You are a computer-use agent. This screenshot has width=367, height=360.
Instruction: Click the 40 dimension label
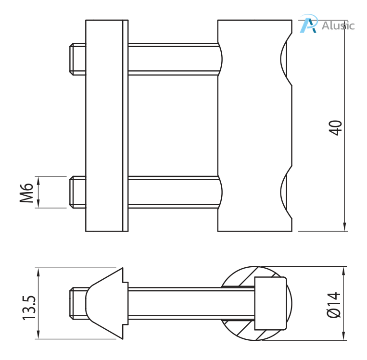(x=336, y=127)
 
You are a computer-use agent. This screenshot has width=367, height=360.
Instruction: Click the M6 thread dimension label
(x=27, y=192)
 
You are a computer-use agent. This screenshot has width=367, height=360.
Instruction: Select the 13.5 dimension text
(x=28, y=308)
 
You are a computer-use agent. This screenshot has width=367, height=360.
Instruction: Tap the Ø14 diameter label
(x=334, y=305)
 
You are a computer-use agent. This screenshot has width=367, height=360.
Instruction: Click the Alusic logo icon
(x=308, y=24)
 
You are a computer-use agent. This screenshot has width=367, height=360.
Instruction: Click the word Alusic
(x=338, y=25)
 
